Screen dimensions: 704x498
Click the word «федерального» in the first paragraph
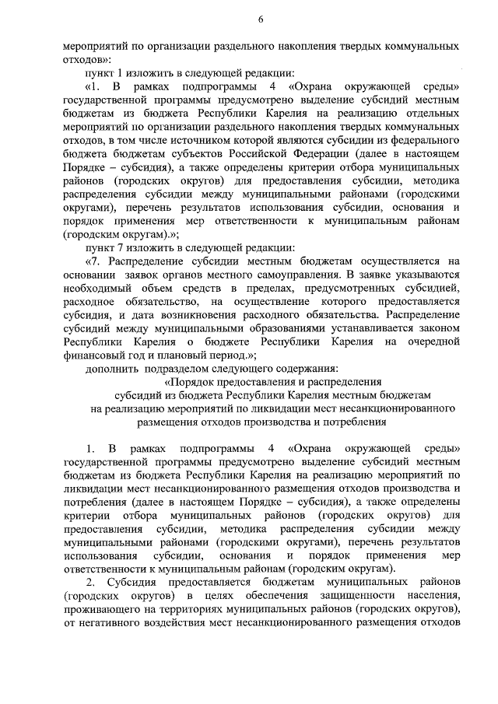pyautogui.click(x=421, y=140)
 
